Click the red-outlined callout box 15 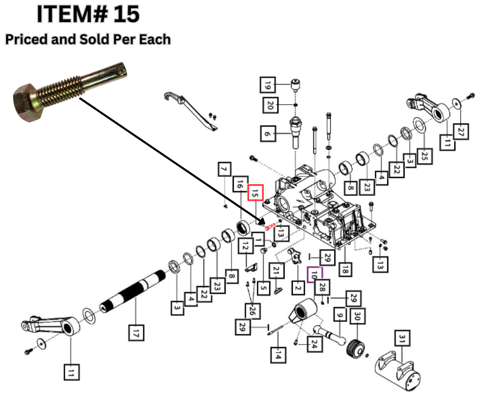coord(255,193)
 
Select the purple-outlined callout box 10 coord(314,275)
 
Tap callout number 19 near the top coord(267,83)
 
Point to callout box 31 coord(402,338)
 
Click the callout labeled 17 coord(136,333)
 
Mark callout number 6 coord(267,134)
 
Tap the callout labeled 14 coord(277,354)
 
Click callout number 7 coord(223,169)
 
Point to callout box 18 coord(345,269)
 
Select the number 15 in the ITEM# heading coord(126,14)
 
